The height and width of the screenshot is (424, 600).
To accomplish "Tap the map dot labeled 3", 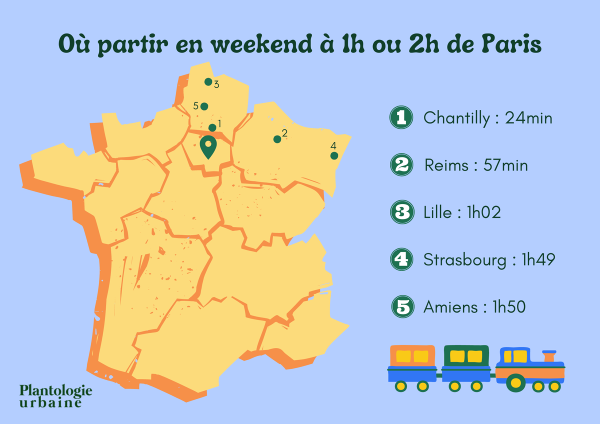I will tap(208, 81).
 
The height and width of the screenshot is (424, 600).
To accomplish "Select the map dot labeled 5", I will tap(204, 106).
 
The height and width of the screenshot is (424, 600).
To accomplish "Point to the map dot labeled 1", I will tap(212, 127).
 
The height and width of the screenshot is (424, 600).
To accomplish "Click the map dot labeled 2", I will tap(277, 139).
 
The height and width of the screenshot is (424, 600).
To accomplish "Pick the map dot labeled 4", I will tap(334, 156).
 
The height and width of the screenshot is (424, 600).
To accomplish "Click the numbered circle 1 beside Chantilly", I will tap(401, 118).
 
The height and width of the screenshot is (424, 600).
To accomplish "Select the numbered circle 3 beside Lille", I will tap(401, 212).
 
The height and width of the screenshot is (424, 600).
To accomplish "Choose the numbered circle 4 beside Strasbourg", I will tap(401, 259).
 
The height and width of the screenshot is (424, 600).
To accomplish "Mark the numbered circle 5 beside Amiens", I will tap(402, 306).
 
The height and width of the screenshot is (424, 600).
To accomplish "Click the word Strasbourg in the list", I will tap(464, 260).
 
